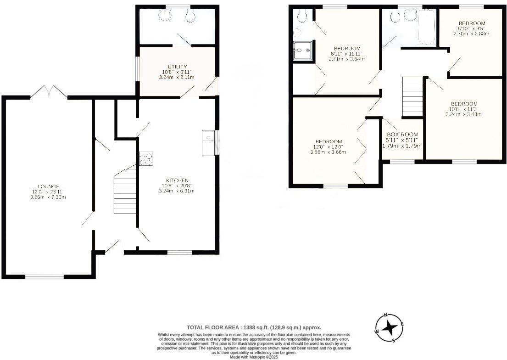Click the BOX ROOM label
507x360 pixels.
(x=402, y=134)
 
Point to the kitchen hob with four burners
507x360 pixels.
(x=146, y=158)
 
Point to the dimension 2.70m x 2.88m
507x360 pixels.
(x=472, y=34)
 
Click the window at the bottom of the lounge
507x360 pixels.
(x=45, y=276)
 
